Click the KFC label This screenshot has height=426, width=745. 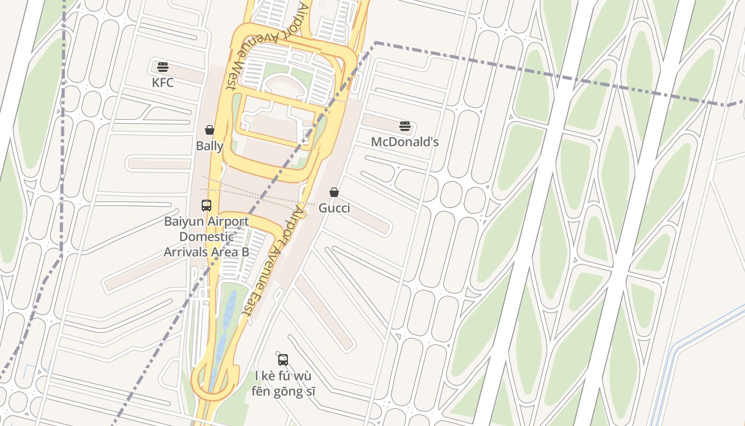click(x=162, y=83)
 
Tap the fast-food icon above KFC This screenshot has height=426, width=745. click(x=163, y=67)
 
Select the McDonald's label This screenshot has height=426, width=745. click(x=404, y=142)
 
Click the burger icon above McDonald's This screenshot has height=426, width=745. click(x=405, y=127)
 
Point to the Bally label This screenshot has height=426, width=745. click(x=210, y=145)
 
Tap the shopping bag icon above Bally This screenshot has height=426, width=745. click(x=210, y=130)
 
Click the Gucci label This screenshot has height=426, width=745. click(x=334, y=208)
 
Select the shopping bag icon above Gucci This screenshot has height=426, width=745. click(x=334, y=192)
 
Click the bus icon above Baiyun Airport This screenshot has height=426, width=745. click(x=206, y=205)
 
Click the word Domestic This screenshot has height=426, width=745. click(x=206, y=236)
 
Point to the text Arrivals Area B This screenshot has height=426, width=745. click(x=206, y=251)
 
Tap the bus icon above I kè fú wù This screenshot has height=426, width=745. click(x=283, y=359)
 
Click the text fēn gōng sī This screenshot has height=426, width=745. click(x=283, y=391)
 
